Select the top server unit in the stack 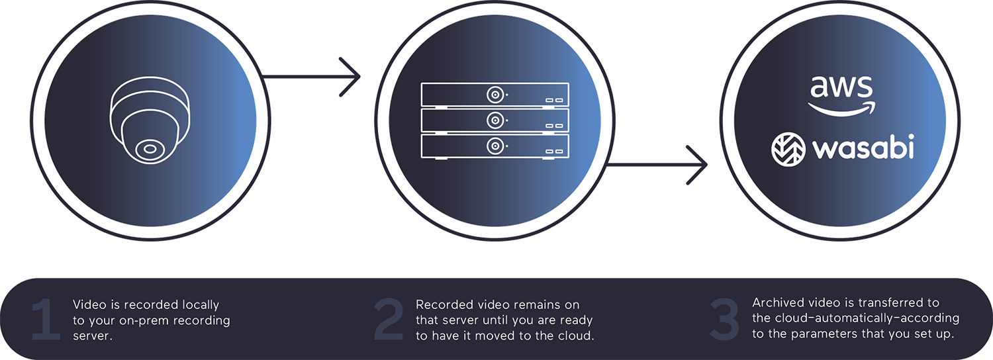[495, 95]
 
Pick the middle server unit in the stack [495, 120]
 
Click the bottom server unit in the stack [495, 146]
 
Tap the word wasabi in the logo [863, 147]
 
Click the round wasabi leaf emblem [788, 148]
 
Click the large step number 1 [46, 321]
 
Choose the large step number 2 [389, 321]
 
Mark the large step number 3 [724, 321]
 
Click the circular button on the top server [495, 95]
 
